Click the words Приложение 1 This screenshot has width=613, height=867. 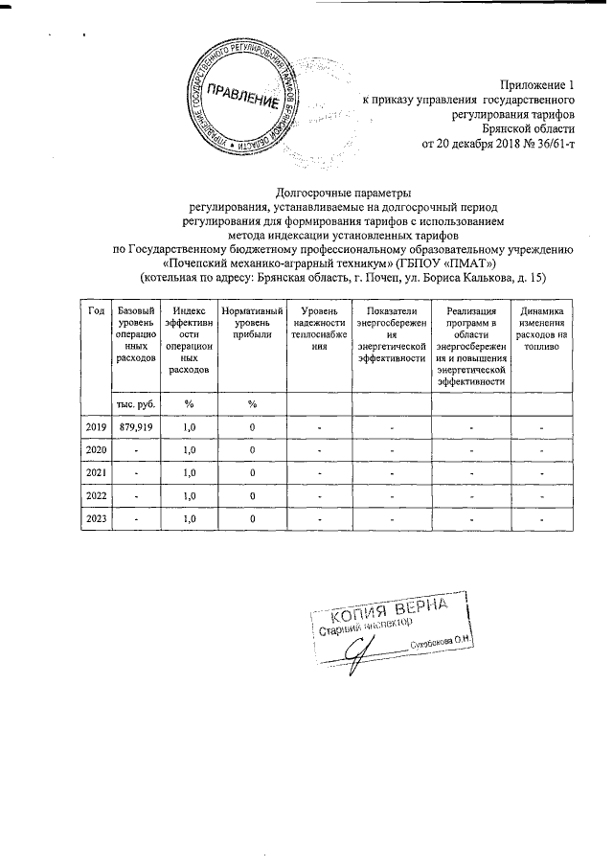coord(537,83)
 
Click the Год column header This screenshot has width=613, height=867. coord(96,311)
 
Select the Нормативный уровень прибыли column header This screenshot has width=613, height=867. coord(252,318)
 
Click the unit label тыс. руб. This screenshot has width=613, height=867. coord(131,405)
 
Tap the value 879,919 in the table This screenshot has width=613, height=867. coord(131,427)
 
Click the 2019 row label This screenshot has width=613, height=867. coord(96,427)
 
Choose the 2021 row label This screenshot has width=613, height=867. coord(96,472)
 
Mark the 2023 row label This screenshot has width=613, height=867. coord(96,518)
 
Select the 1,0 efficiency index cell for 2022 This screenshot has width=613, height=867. coord(189,495)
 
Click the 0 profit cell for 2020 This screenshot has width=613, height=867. coord(252,450)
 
